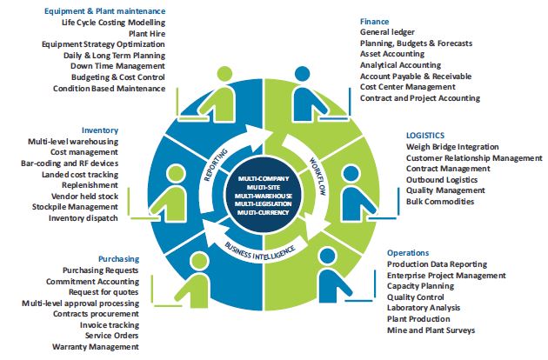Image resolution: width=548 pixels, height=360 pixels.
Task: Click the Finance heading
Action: (376, 19)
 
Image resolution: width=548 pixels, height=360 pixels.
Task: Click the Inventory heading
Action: (99, 129)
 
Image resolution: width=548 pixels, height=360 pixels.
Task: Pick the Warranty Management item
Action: (95, 347)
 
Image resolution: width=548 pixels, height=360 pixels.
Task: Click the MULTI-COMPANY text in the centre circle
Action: (263, 177)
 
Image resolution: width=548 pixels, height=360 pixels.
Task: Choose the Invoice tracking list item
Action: (106, 324)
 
